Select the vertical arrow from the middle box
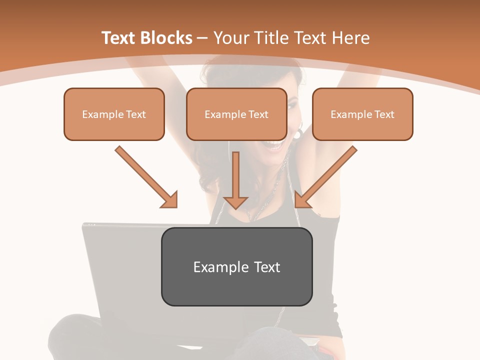point(235,180)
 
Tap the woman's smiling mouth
point(274,145)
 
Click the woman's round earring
point(298,134)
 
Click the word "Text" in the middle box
point(258,114)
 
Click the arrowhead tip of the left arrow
point(176,206)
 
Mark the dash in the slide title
point(202,38)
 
